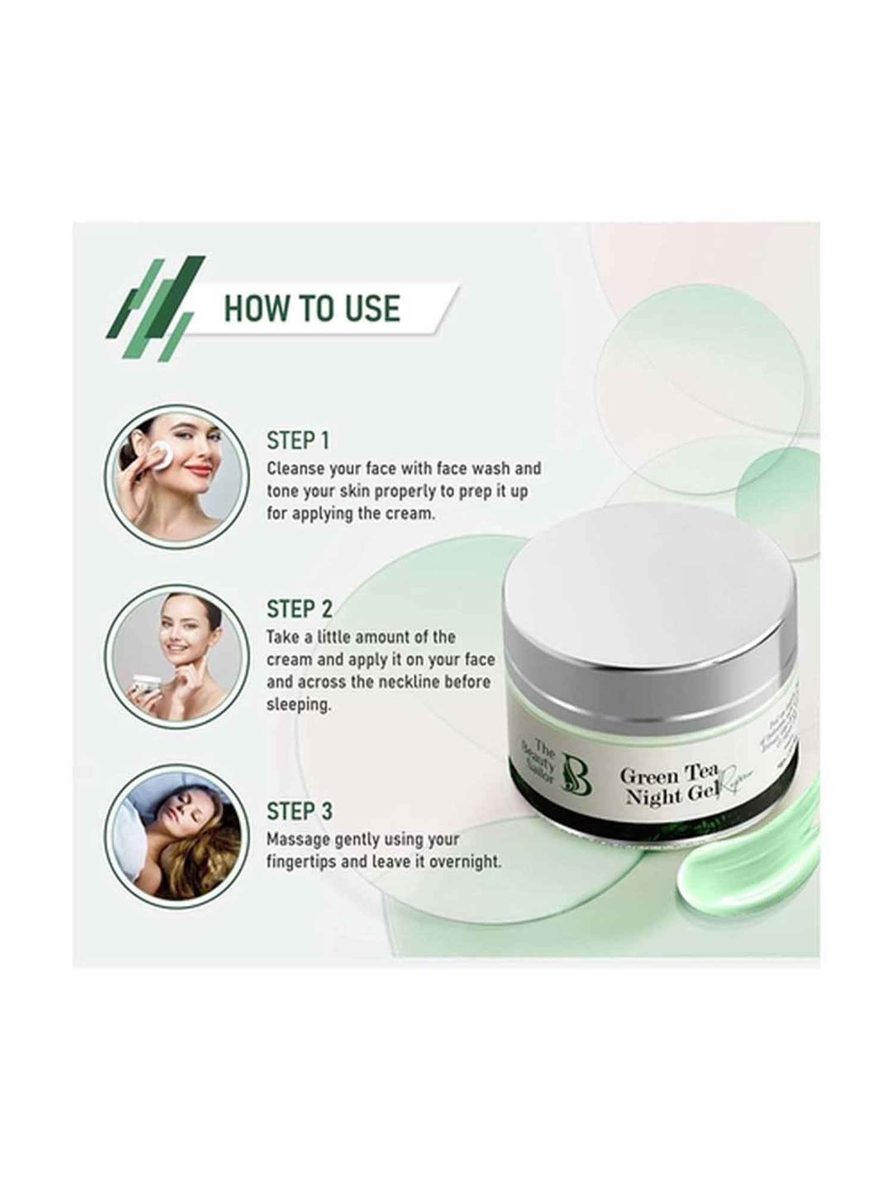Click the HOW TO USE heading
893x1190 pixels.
click(311, 308)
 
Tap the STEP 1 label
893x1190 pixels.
click(298, 441)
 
